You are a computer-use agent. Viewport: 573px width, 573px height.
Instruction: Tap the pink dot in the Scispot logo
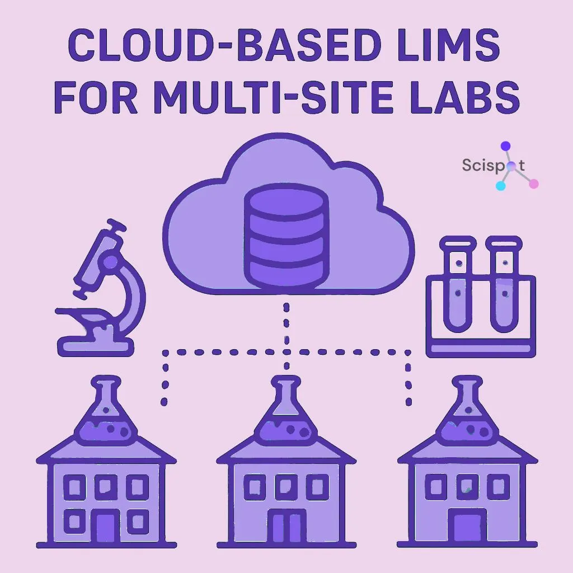point(533,183)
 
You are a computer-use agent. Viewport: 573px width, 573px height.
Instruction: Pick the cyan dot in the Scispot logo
point(501,186)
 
